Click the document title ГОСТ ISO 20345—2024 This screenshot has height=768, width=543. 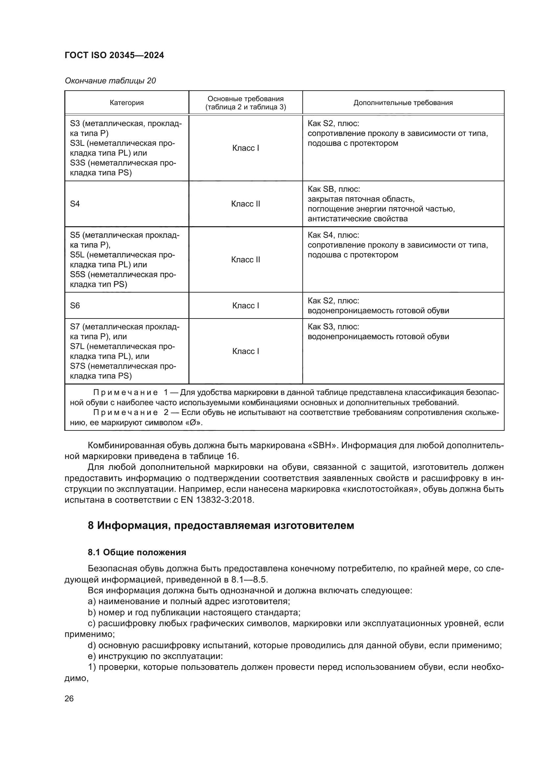(x=114, y=55)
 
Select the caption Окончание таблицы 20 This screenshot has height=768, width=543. (x=110, y=81)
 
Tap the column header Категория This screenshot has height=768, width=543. (x=127, y=103)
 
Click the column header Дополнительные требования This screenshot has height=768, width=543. (x=403, y=103)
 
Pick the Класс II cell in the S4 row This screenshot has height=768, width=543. (x=246, y=204)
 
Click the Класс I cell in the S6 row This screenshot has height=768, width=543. (x=246, y=306)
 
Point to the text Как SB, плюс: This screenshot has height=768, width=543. (x=334, y=189)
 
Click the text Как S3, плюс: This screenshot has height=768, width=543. (x=333, y=327)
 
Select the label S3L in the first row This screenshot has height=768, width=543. (x=77, y=143)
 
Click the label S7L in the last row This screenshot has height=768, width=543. (x=77, y=346)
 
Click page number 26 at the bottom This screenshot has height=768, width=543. (x=69, y=698)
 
